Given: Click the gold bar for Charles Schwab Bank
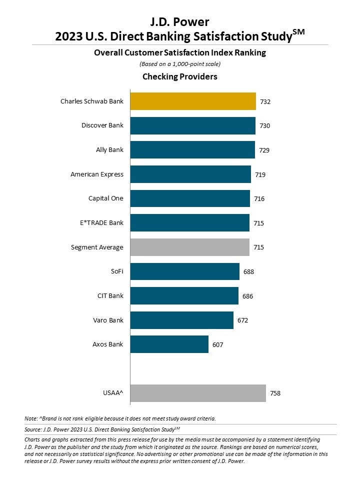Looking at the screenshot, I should click(193, 101).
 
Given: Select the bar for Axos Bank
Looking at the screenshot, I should click(169, 344).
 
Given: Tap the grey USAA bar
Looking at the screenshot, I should click(198, 393).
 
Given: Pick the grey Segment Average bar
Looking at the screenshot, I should click(189, 247).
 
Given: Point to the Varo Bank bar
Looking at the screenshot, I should click(181, 320).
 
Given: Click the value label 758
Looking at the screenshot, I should click(275, 393).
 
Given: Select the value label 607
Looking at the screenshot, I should click(217, 345).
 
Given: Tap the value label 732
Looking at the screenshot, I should click(265, 101).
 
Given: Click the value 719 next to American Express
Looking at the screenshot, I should click(260, 174).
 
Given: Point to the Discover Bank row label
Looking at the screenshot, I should click(102, 125).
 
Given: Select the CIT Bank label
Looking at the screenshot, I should click(110, 296).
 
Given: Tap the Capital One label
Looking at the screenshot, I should click(105, 198).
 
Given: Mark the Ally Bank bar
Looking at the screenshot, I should click(192, 149).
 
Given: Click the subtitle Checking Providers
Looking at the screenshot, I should click(179, 76).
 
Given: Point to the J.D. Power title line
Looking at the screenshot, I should click(179, 21).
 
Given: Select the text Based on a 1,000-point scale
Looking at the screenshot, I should click(179, 64).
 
